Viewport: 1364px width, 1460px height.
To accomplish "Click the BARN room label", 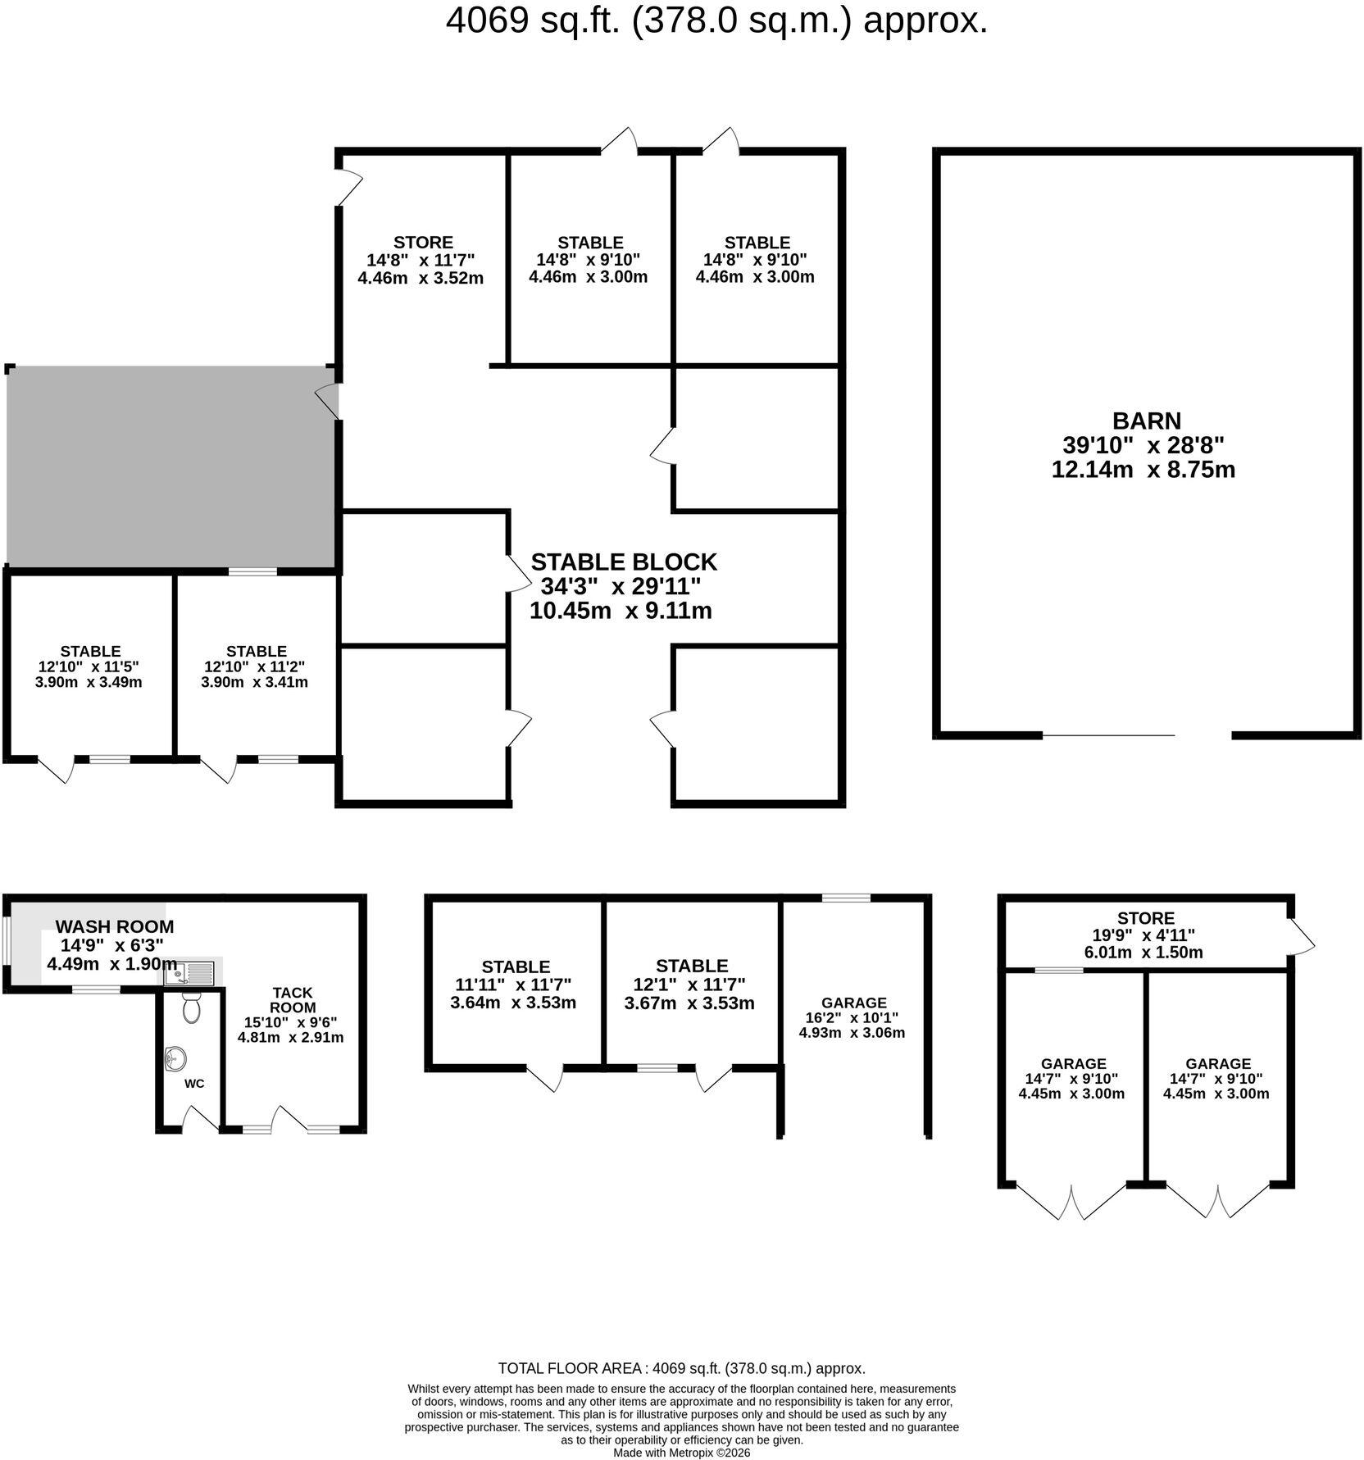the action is [x=1146, y=421].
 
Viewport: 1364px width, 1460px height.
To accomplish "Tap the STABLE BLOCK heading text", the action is [x=624, y=562].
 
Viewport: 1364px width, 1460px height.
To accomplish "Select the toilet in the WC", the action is [x=192, y=1007].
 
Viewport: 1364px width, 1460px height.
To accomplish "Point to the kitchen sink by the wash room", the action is [x=189, y=973].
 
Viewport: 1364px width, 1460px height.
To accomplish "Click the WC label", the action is [x=194, y=1084].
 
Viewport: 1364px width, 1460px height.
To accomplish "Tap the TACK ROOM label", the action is [x=293, y=1000].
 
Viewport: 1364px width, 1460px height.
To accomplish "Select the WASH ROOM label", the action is [x=115, y=926].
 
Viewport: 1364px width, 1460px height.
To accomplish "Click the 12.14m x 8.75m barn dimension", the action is [x=1143, y=470].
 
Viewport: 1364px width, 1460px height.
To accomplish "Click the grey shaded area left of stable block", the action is [x=170, y=466].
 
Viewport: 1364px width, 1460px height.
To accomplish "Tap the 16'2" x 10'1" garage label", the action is [x=852, y=1017].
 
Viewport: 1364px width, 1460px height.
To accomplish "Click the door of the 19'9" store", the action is [x=1302, y=935].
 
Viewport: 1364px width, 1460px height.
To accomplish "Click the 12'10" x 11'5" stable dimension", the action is [x=90, y=666].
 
